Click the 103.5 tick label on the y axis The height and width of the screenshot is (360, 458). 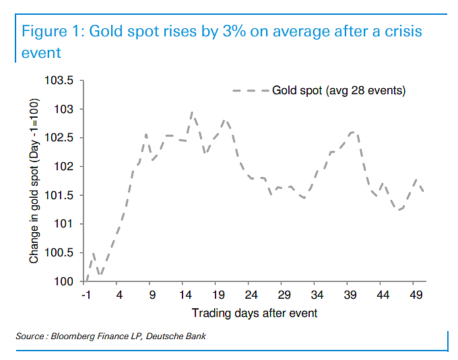[x=59, y=80]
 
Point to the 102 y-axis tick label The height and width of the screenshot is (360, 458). [x=64, y=166]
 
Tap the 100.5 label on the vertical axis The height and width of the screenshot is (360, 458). [x=59, y=252]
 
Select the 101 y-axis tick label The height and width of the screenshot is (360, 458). [x=64, y=224]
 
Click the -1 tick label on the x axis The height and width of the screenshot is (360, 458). [x=86, y=295]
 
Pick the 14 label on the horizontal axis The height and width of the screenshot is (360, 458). [x=185, y=295]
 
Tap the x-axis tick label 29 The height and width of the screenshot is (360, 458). [x=284, y=295]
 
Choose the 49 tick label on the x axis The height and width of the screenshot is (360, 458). [x=416, y=295]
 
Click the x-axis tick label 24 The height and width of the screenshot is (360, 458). [x=251, y=295]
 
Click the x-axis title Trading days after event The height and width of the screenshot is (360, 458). [x=255, y=313]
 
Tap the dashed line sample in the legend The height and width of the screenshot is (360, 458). [x=251, y=91]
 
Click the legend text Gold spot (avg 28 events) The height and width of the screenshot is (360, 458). [x=339, y=90]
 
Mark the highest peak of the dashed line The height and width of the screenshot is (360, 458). [x=191, y=112]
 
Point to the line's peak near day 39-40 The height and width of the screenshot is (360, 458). [x=354, y=132]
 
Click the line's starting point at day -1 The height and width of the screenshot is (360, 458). [x=86, y=281]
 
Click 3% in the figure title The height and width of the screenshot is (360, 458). [x=234, y=31]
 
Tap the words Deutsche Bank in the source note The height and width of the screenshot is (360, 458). [x=176, y=336]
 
